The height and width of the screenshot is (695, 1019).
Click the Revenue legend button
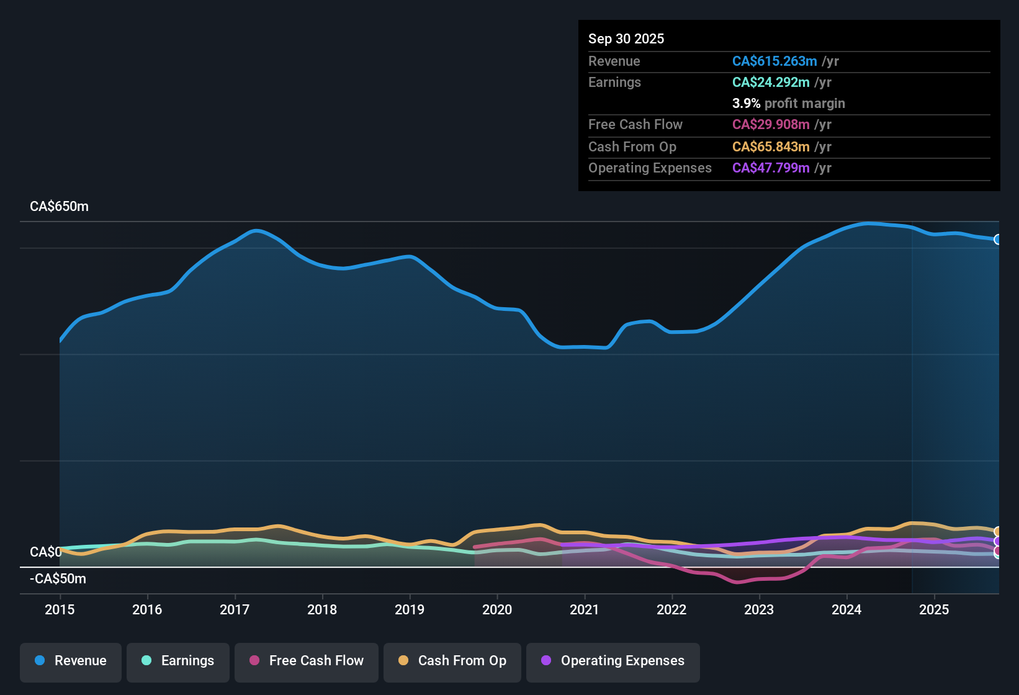71,661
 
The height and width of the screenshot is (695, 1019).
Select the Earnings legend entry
178,661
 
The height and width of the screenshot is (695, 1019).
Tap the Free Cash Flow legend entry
307,661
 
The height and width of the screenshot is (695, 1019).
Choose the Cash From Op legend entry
452,661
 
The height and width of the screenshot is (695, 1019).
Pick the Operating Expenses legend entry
613,661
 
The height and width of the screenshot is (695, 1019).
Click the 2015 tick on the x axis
60,609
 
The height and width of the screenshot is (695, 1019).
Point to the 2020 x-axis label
497,609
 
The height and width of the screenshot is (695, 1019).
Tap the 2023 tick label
759,609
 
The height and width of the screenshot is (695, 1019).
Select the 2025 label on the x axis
934,609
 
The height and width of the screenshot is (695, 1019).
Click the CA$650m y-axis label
59,207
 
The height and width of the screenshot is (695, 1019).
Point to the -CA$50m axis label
58,579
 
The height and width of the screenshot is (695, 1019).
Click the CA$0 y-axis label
45,552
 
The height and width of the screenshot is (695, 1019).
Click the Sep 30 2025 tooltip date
626,38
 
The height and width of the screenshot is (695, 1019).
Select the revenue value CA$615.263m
774,61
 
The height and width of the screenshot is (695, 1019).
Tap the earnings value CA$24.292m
770,82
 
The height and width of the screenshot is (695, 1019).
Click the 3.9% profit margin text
788,104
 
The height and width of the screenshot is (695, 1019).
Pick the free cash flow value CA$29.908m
770,124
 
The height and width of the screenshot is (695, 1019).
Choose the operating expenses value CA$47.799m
770,168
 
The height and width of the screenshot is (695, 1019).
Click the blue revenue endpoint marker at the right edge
997,240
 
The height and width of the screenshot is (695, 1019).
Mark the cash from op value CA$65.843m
770,146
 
